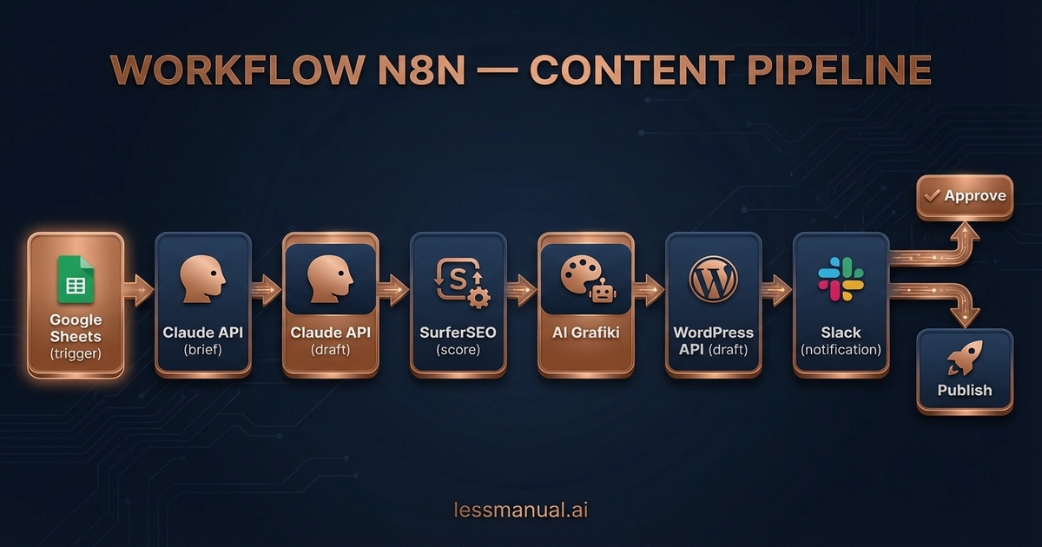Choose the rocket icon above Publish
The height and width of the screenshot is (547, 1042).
(964, 356)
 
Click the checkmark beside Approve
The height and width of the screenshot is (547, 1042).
(932, 196)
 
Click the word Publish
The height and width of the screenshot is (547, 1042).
(964, 390)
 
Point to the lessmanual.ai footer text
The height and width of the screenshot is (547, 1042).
(521, 509)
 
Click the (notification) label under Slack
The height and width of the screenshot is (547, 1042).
(841, 350)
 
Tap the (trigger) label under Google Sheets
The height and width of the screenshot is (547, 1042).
(76, 353)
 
